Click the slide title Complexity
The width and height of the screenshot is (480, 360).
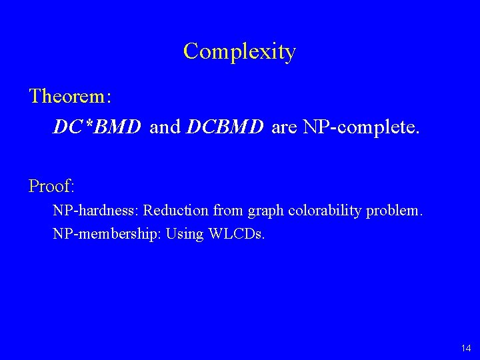click(x=239, y=51)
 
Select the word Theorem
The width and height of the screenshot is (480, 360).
click(x=69, y=96)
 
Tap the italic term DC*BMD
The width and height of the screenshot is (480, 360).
click(x=97, y=127)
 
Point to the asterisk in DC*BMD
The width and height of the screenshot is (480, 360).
click(x=86, y=123)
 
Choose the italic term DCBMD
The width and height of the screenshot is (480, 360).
click(x=226, y=127)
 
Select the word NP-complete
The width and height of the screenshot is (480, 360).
click(x=361, y=127)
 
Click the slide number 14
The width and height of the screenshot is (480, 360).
click(x=465, y=348)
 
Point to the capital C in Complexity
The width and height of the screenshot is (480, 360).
click(x=192, y=51)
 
